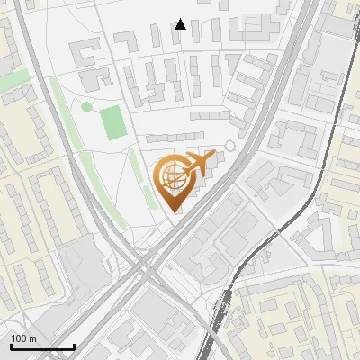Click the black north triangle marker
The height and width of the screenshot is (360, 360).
(181, 24)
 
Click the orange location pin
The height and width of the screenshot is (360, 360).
(174, 181)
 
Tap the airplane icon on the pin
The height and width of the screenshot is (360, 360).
(197, 164)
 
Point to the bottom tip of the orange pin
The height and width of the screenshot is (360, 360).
(174, 211)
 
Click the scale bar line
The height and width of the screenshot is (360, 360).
(42, 346)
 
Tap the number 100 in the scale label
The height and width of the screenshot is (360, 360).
(19, 338)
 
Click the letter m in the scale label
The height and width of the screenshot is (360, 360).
(32, 338)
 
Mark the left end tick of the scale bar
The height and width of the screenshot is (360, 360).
(11, 345)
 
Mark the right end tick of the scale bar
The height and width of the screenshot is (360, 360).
(74, 345)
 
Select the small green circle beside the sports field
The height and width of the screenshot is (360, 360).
(86, 107)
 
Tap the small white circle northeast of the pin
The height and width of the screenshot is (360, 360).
(229, 145)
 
